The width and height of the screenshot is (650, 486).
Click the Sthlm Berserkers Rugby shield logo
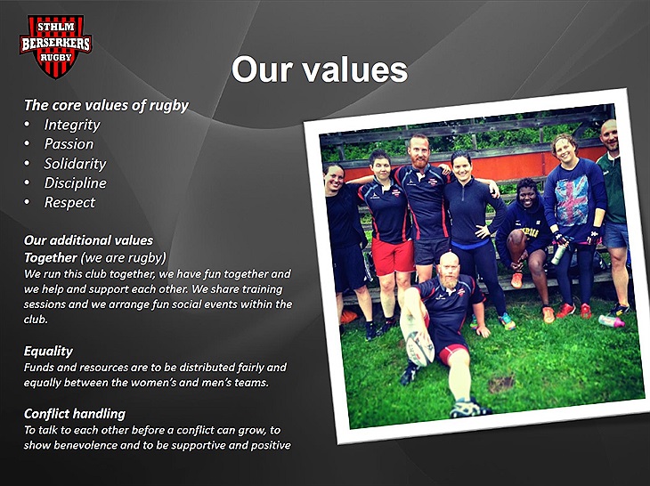click(x=55, y=46)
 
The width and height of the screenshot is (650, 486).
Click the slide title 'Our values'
click(x=319, y=69)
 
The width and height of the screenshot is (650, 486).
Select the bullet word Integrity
click(x=72, y=125)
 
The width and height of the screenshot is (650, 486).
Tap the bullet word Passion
click(x=69, y=144)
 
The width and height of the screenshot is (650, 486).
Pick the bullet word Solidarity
click(x=75, y=164)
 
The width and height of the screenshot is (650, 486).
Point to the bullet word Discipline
click(x=75, y=182)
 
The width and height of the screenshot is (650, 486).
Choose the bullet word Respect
click(x=69, y=203)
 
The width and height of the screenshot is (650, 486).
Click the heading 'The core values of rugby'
click(x=106, y=105)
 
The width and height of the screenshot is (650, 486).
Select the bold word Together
click(x=50, y=258)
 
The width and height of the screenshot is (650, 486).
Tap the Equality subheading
click(x=48, y=351)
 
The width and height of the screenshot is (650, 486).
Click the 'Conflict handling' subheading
click(x=75, y=414)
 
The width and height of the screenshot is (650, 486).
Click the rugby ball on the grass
click(x=419, y=349)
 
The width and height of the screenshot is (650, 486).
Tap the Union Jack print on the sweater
click(x=572, y=194)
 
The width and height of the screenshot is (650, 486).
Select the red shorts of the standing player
click(x=392, y=255)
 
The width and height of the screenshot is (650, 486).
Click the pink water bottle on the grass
click(x=612, y=320)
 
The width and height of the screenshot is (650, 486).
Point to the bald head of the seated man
click(x=449, y=262)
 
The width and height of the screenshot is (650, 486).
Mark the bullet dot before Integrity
click(x=28, y=125)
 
